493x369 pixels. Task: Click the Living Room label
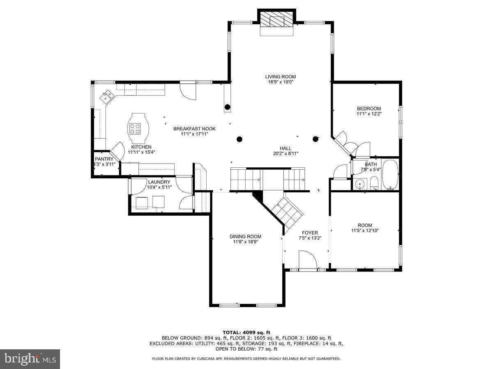pos(280,77)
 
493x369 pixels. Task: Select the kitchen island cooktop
pos(135,129)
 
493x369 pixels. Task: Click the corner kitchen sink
pos(108,96)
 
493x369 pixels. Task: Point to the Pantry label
pos(104,159)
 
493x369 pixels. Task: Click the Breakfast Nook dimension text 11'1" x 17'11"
pos(194,134)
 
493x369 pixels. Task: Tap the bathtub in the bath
pos(390,175)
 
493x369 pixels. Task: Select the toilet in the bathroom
pos(374,183)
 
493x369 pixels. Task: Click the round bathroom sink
pos(360,184)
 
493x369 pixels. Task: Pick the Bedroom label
pos(369,109)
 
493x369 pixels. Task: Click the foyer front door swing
pos(307,261)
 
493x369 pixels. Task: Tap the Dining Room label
pos(245,236)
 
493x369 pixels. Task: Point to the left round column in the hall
pos(240,139)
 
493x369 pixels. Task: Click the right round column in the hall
pos(316,139)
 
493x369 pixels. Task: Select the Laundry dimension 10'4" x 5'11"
pos(159,187)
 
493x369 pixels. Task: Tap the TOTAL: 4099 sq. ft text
pos(246,333)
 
